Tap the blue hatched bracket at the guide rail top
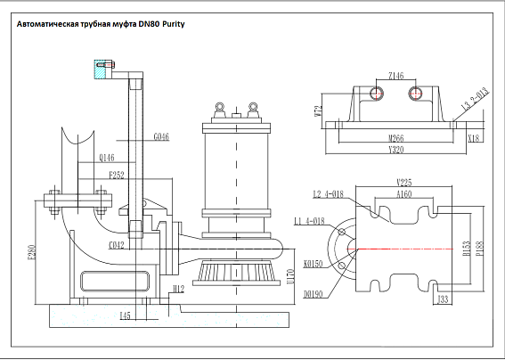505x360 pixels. click(100, 65)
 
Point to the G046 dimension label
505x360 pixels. click(160, 136)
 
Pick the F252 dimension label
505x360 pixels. click(117, 176)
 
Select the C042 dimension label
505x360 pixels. click(116, 243)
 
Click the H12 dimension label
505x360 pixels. click(177, 290)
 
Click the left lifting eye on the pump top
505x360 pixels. click(216, 109)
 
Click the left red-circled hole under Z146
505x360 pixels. click(378, 93)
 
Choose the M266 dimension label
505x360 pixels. click(397, 138)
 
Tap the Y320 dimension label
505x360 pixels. click(397, 150)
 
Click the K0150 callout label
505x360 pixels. click(313, 265)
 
